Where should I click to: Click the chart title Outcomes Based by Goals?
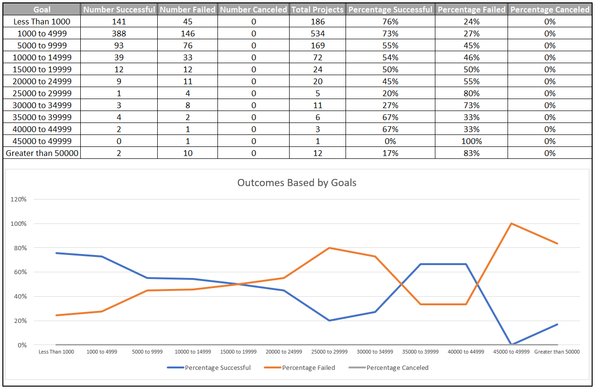point(297,183)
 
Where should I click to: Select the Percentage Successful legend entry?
point(217,367)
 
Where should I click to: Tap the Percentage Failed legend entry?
point(308,367)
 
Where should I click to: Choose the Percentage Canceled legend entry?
point(397,367)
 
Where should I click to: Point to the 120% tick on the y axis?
point(20,199)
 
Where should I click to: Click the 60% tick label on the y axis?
point(20,272)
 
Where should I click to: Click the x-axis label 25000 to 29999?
point(329,352)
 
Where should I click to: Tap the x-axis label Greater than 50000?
point(557,352)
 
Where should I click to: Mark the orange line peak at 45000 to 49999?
point(512,223)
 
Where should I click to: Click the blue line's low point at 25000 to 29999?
point(329,321)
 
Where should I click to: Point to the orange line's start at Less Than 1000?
point(56,315)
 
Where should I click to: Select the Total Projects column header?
point(317,10)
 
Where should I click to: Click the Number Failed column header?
point(187,10)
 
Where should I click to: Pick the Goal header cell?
point(42,10)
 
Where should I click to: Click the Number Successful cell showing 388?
point(119,33)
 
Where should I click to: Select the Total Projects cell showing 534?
point(317,33)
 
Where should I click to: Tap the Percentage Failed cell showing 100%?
point(471,141)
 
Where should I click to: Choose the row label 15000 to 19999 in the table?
point(42,69)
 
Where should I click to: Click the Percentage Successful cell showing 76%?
point(390,22)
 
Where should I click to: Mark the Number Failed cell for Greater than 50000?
point(187,153)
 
